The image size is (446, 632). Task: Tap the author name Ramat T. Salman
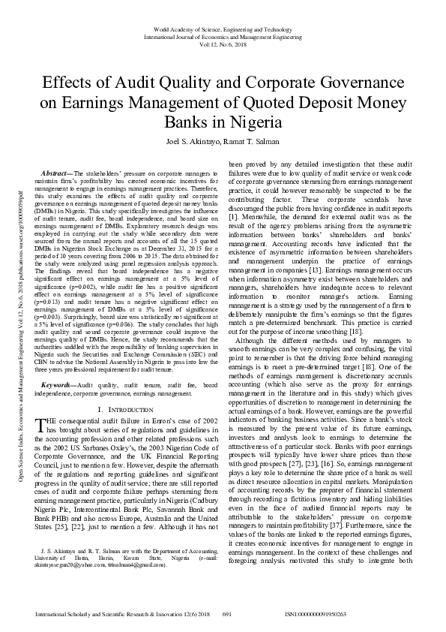coord(246,140)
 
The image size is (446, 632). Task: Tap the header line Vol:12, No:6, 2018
coord(223,43)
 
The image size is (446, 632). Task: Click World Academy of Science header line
coord(223,28)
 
